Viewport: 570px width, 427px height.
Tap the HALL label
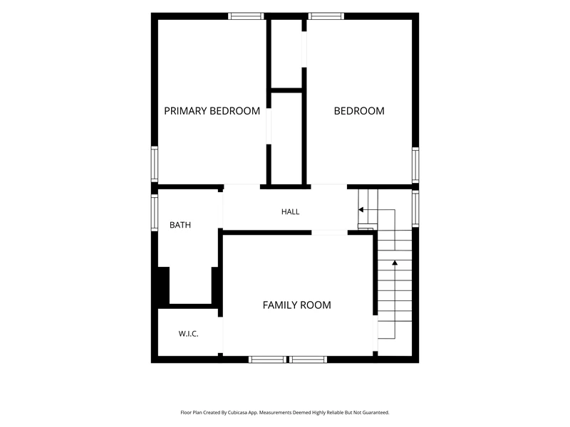(x=291, y=211)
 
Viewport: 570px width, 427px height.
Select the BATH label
(x=180, y=225)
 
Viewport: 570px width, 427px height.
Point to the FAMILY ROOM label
(x=296, y=305)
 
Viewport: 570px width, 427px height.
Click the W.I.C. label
(x=188, y=334)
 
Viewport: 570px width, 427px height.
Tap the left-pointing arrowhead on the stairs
(x=361, y=209)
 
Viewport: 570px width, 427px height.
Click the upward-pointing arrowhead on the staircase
(x=395, y=263)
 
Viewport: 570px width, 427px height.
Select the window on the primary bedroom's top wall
(x=246, y=16)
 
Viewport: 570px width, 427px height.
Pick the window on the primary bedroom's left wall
(x=155, y=164)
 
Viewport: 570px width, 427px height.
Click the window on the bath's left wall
(x=155, y=212)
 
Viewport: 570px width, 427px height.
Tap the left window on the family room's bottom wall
(x=268, y=359)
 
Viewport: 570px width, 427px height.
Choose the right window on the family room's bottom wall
(x=309, y=359)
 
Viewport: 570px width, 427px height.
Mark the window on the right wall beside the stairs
(x=415, y=209)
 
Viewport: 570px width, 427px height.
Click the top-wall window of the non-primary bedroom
(x=326, y=16)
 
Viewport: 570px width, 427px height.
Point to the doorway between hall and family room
(x=329, y=233)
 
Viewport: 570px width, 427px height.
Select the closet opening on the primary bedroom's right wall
(x=269, y=126)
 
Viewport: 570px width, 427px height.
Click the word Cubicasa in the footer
(x=238, y=413)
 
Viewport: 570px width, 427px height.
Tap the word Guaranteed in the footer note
(x=376, y=413)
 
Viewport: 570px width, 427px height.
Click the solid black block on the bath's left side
(x=164, y=285)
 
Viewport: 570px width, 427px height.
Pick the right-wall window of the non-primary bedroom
(x=415, y=165)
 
